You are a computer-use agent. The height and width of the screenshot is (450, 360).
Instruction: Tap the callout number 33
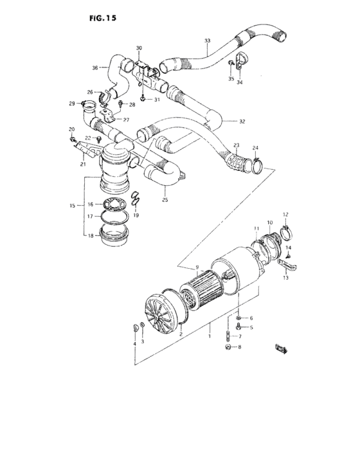click(x=207, y=41)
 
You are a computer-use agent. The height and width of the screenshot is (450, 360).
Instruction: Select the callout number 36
click(x=95, y=67)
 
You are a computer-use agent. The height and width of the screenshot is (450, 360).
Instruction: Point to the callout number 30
click(x=139, y=48)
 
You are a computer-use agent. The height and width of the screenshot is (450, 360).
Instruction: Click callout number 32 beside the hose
click(x=242, y=121)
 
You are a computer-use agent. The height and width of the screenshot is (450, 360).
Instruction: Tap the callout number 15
click(x=72, y=205)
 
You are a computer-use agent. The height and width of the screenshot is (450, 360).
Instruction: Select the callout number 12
click(x=285, y=214)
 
